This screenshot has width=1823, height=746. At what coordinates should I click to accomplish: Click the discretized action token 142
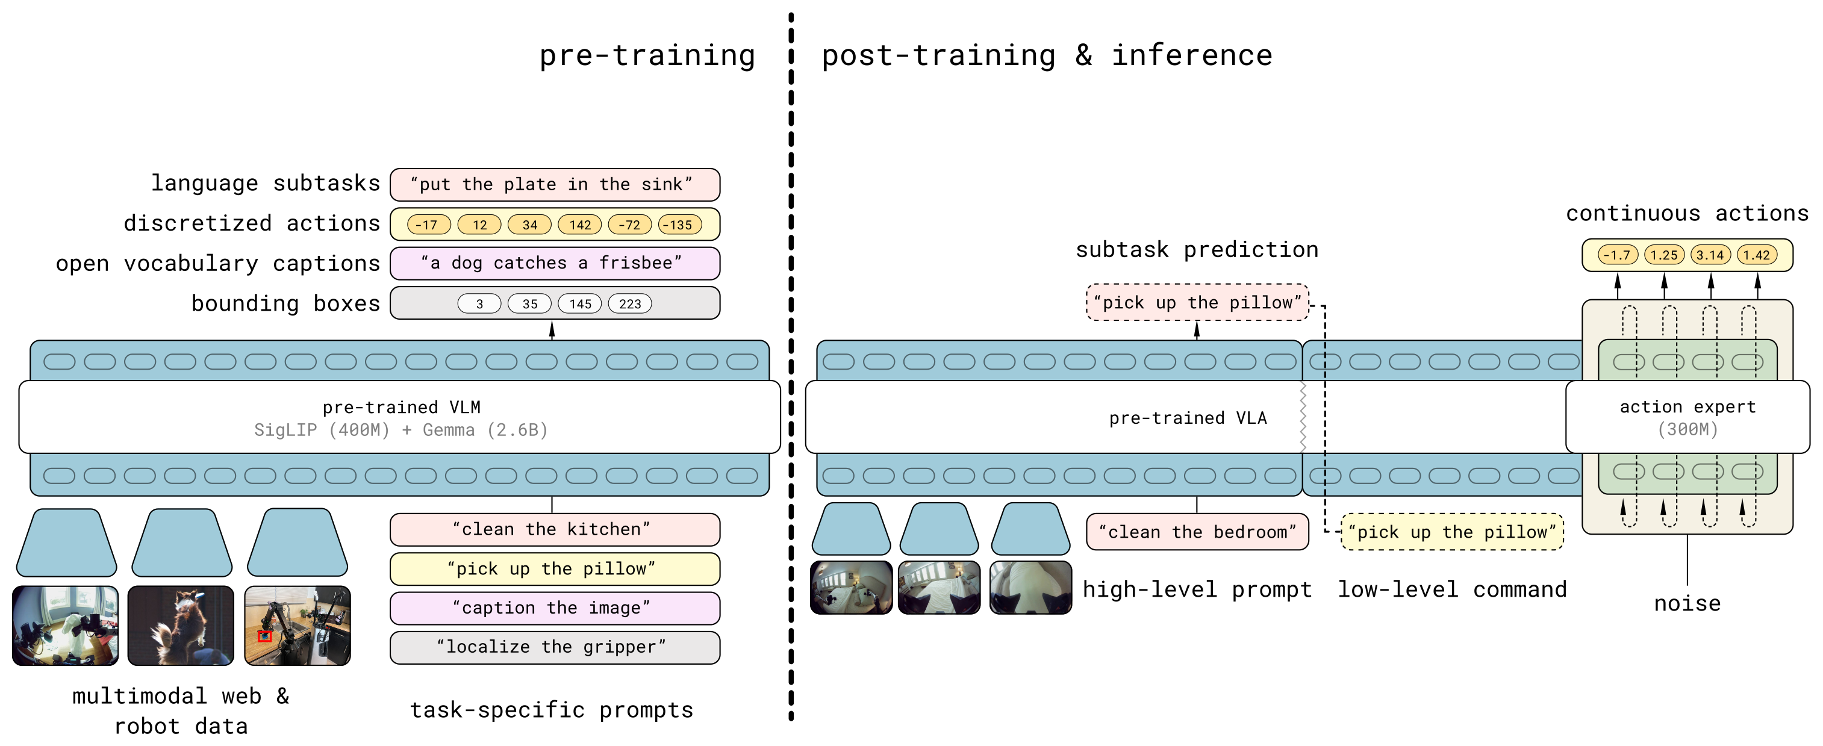click(579, 225)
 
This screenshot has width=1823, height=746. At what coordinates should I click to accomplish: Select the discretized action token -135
click(680, 225)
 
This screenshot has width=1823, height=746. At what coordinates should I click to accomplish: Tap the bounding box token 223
click(630, 303)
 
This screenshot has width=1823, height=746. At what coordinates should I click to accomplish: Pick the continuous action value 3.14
click(1710, 255)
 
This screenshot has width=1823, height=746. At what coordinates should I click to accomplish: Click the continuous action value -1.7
click(1618, 255)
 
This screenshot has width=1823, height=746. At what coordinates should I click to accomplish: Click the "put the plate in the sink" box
click(555, 185)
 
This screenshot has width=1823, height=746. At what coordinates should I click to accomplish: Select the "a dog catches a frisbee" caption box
click(555, 263)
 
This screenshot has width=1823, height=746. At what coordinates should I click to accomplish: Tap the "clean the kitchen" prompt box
click(555, 529)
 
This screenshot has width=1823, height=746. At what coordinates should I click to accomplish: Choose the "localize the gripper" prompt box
click(555, 647)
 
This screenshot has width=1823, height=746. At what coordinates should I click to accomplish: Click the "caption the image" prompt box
click(555, 608)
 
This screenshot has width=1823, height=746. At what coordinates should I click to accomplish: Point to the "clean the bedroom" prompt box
click(1197, 532)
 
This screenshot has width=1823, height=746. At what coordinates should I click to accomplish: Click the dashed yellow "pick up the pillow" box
click(1452, 532)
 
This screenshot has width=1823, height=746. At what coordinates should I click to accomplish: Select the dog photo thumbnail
click(181, 626)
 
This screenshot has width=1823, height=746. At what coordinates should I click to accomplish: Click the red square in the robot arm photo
click(264, 636)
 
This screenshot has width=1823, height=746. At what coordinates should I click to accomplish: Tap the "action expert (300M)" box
click(1688, 418)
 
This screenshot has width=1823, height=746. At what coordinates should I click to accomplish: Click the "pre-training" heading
click(647, 55)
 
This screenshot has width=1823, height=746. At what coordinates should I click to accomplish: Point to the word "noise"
click(1687, 603)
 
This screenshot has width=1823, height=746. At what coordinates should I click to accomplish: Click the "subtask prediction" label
click(1197, 250)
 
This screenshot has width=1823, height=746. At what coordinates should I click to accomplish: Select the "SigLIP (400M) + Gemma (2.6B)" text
click(401, 431)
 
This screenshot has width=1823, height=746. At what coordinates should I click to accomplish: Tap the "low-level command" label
click(1452, 589)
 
